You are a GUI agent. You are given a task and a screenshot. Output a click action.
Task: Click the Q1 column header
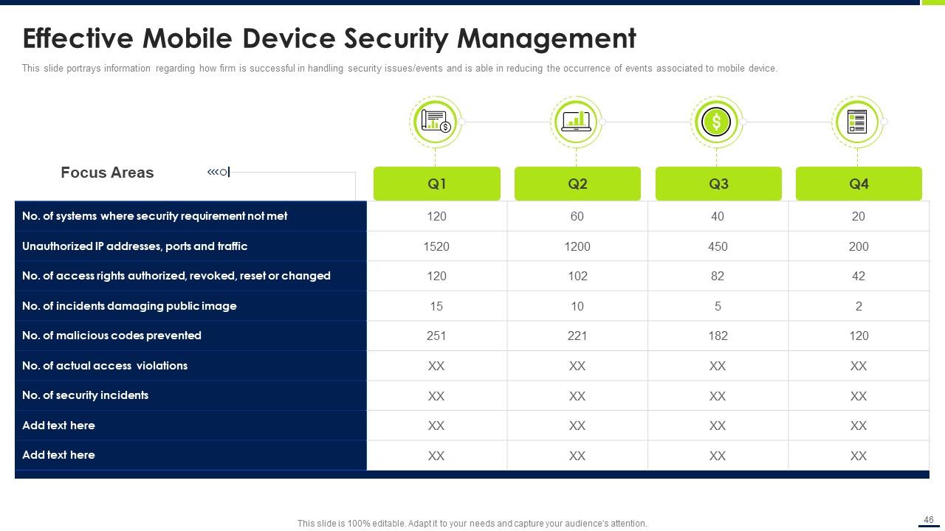tap(436, 184)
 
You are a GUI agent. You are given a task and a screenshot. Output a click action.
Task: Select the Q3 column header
tap(718, 184)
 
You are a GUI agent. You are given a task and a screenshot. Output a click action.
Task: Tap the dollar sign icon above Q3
tap(716, 122)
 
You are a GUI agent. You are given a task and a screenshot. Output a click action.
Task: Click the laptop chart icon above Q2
tap(576, 122)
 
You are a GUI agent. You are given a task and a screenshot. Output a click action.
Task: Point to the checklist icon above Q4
tap(857, 122)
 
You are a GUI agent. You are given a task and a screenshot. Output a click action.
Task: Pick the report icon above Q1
tap(436, 122)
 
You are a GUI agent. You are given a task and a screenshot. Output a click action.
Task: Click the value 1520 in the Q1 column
tap(436, 246)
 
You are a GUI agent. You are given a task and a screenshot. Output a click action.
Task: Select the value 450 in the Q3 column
tap(718, 246)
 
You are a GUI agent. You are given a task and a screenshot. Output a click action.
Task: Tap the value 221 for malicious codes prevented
tap(577, 336)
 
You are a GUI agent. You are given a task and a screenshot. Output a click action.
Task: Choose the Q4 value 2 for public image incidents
tap(859, 306)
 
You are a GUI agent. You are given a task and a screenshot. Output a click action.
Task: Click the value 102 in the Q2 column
tap(577, 276)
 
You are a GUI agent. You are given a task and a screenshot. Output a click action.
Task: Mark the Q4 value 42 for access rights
tap(859, 276)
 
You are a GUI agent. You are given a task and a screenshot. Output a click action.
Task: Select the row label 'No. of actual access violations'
tap(105, 366)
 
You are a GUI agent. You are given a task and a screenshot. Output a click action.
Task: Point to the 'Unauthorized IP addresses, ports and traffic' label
tap(135, 246)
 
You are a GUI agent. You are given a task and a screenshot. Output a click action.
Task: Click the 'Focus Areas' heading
tap(107, 173)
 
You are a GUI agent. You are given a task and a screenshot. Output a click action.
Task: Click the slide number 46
tap(929, 520)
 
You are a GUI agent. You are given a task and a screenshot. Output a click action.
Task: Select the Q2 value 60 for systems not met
tap(577, 216)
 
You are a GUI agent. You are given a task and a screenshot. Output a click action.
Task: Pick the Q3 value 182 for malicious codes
tap(718, 336)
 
